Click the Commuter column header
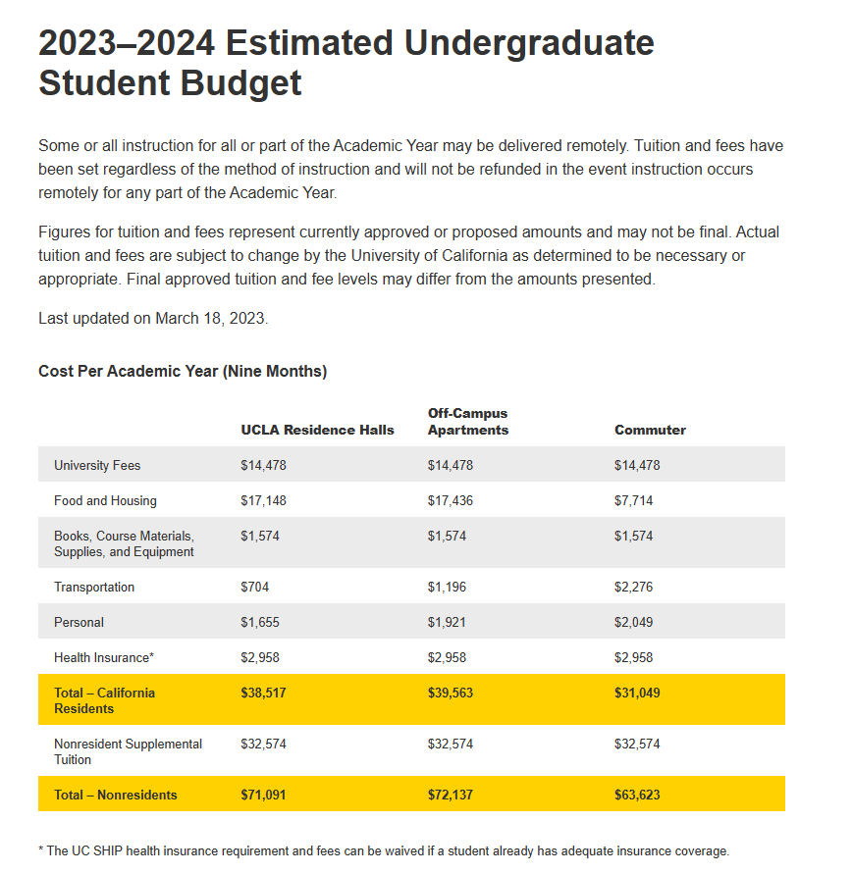click(650, 430)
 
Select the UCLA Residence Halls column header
click(317, 430)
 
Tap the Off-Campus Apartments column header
click(468, 422)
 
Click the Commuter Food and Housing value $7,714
click(633, 500)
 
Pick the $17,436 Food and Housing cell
click(450, 500)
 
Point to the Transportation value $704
click(254, 587)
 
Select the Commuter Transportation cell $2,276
click(637, 587)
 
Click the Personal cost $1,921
click(447, 622)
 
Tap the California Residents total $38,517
click(263, 693)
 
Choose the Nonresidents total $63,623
click(637, 795)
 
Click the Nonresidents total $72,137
click(450, 795)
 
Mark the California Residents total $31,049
click(637, 693)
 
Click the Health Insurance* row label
click(104, 657)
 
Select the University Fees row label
click(97, 465)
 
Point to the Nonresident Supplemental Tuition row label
click(128, 751)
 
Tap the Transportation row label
click(94, 587)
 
